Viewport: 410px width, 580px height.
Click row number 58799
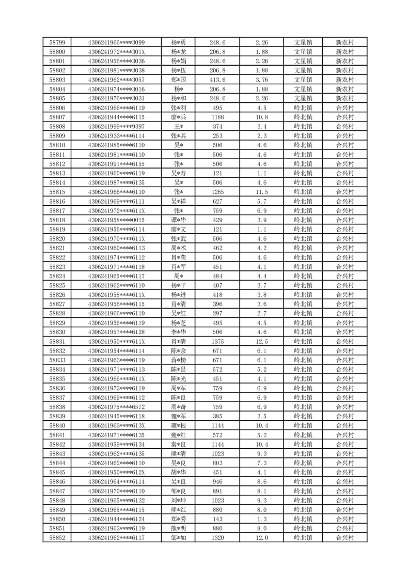click(57, 42)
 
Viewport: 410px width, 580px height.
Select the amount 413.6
click(217, 80)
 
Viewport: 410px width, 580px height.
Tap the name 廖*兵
click(179, 117)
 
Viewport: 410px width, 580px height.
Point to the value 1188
click(217, 117)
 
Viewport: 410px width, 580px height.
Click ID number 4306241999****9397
click(116, 126)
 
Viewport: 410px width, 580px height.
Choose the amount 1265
click(217, 192)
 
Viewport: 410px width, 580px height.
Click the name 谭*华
click(179, 220)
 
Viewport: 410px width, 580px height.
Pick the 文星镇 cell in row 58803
click(303, 80)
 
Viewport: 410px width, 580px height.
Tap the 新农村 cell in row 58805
click(344, 98)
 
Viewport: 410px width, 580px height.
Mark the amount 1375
click(217, 341)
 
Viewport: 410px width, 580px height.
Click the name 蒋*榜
click(179, 360)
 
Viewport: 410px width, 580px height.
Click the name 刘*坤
click(179, 500)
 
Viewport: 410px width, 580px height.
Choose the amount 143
click(217, 519)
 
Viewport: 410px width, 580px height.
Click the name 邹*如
click(179, 538)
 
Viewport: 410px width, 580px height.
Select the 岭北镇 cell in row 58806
click(303, 108)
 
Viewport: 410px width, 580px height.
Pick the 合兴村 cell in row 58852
click(344, 538)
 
